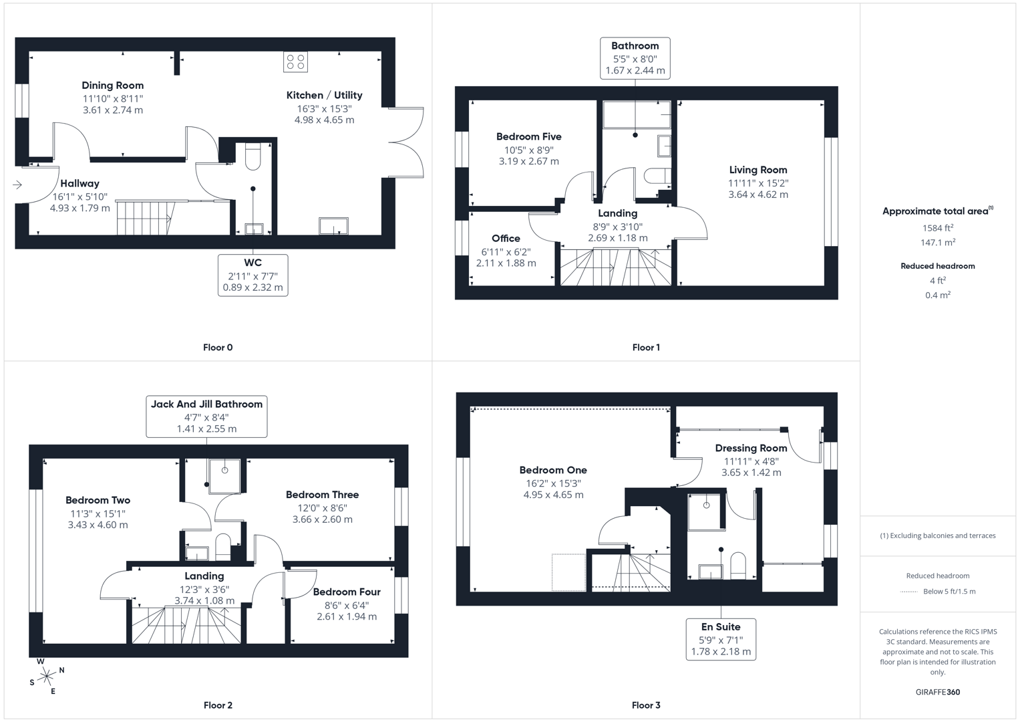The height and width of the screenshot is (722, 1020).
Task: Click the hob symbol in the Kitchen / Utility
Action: tap(295, 62)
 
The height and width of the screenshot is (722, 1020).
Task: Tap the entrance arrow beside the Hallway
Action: tap(17, 185)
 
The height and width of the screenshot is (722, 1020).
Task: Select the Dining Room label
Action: tap(112, 86)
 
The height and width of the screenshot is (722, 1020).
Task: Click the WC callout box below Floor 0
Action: tap(252, 275)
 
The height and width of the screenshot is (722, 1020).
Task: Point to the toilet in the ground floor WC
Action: tap(252, 156)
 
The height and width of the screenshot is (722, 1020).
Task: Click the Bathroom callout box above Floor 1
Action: tap(635, 58)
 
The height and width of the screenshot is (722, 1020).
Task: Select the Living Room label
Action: tap(757, 170)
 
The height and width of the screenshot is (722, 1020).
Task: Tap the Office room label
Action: tap(506, 239)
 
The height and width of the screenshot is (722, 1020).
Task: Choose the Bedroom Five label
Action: tap(528, 137)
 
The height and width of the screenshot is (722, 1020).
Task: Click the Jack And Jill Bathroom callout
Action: tap(206, 416)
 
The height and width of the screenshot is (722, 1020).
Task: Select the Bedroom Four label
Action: tap(346, 592)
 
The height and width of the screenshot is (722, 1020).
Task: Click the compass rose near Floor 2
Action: tap(46, 677)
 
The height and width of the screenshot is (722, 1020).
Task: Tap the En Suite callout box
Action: tap(721, 639)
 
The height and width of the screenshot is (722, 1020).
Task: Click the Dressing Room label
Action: tap(751, 448)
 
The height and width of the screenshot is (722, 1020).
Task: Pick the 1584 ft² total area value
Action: tap(937, 228)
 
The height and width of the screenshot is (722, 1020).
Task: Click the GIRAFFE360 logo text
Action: tap(937, 692)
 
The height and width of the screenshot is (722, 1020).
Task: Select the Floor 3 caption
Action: tap(645, 705)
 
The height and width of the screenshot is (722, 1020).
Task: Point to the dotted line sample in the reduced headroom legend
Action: tap(909, 592)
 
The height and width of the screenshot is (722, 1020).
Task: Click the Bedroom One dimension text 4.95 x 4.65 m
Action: tap(553, 495)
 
